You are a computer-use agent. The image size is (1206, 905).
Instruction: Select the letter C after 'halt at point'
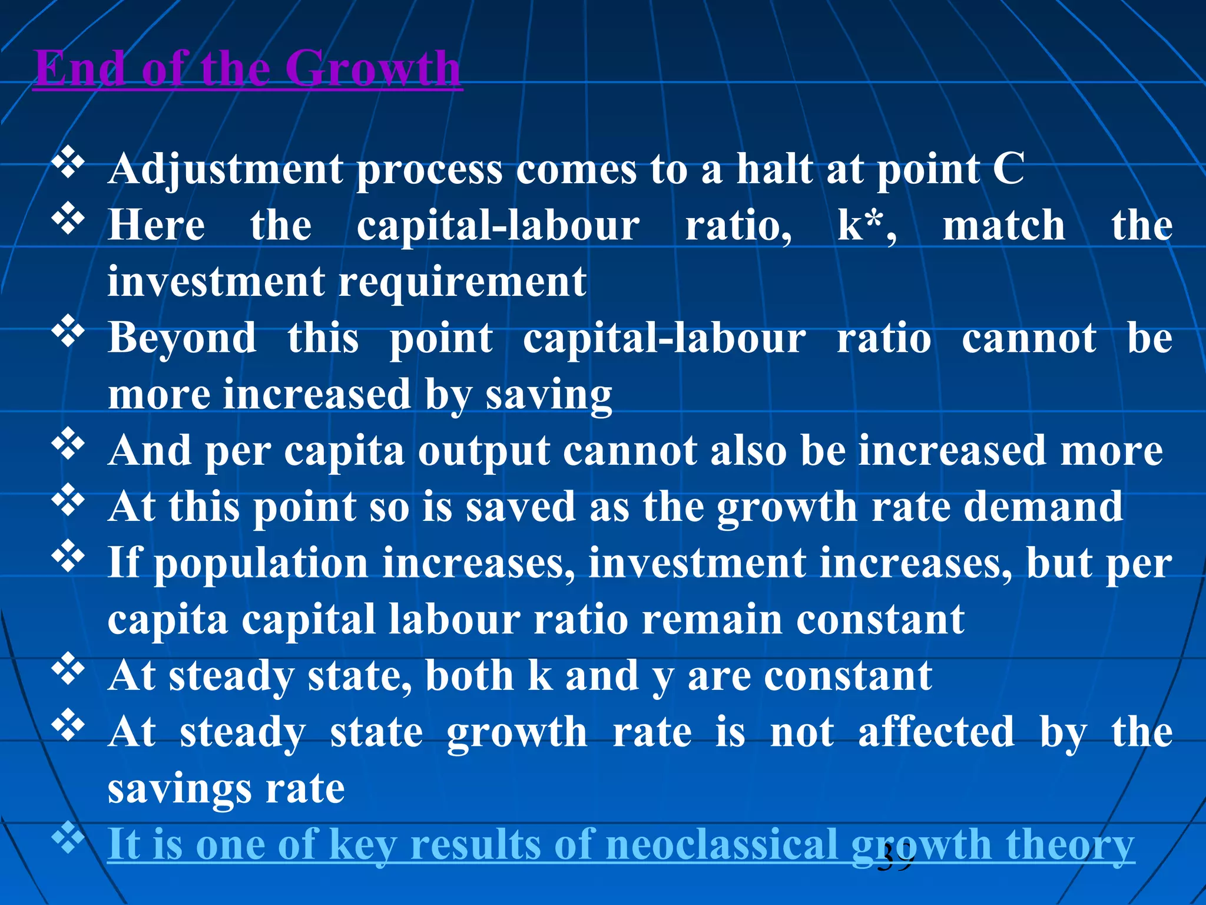click(1008, 170)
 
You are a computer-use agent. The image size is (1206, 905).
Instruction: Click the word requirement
click(462, 282)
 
